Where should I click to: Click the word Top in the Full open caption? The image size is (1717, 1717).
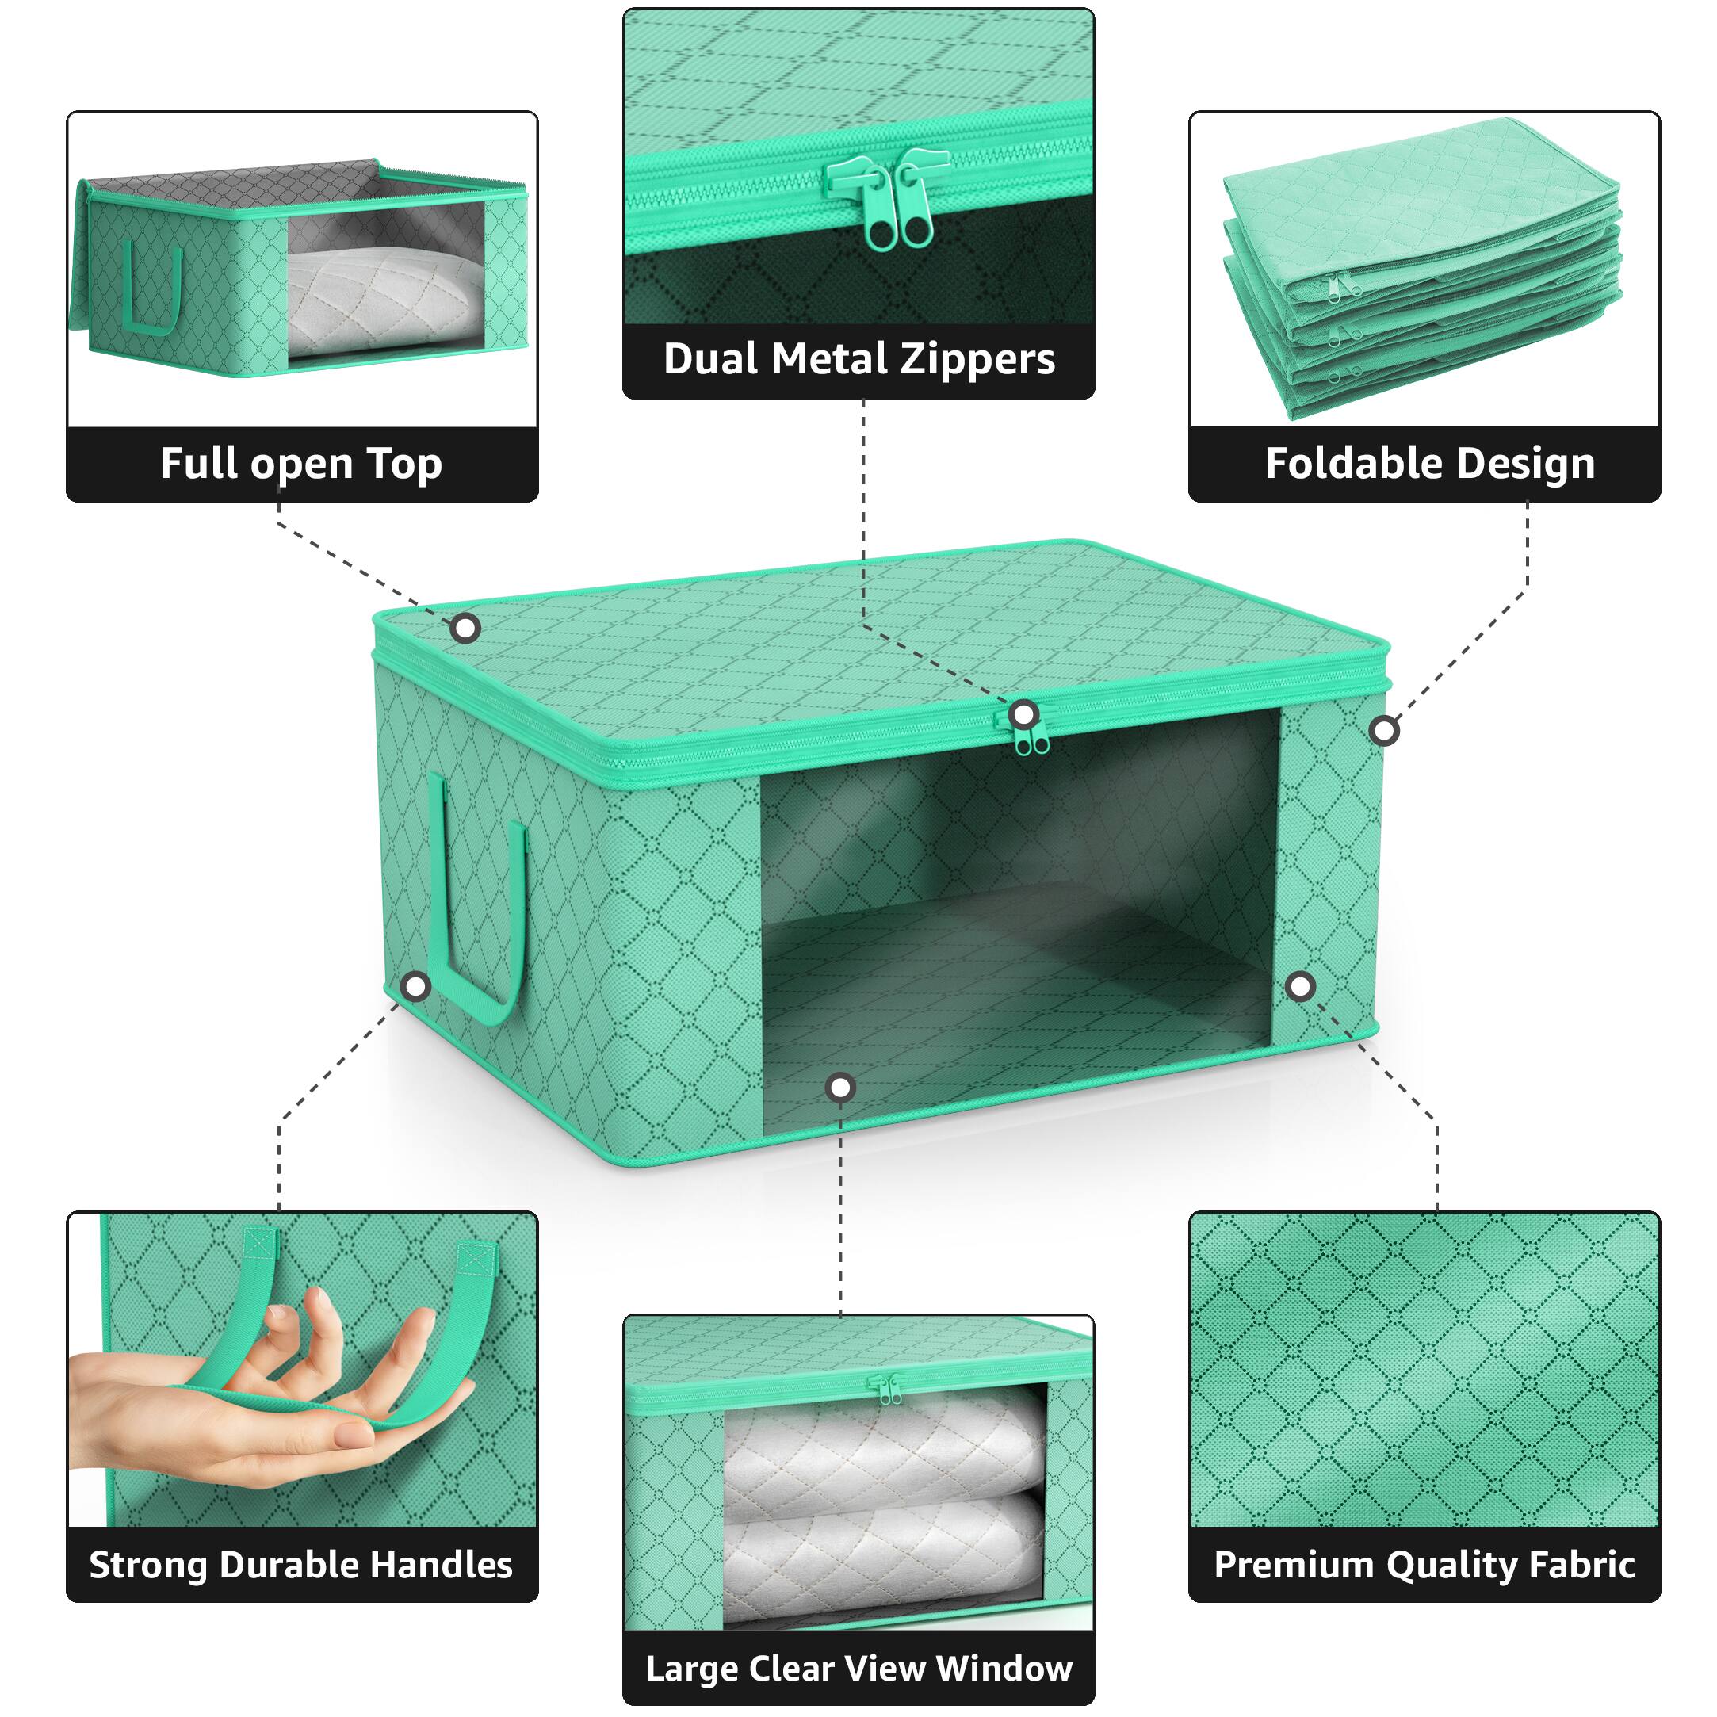404,464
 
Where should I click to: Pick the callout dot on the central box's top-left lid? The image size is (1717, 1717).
465,629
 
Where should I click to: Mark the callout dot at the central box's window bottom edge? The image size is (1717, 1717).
839,1087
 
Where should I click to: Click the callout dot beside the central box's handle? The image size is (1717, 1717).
416,986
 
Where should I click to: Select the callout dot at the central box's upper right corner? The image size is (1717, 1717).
1384,732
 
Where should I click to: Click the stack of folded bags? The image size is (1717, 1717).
1422,266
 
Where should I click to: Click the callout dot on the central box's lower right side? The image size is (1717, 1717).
1300,986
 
